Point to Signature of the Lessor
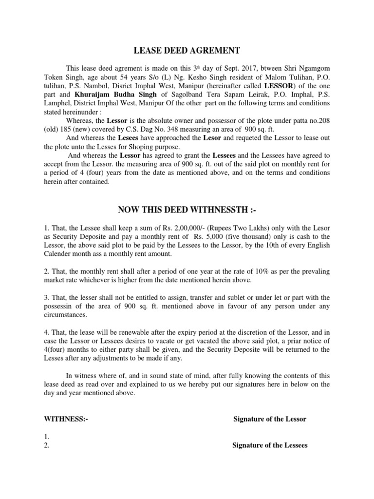(270, 419)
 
